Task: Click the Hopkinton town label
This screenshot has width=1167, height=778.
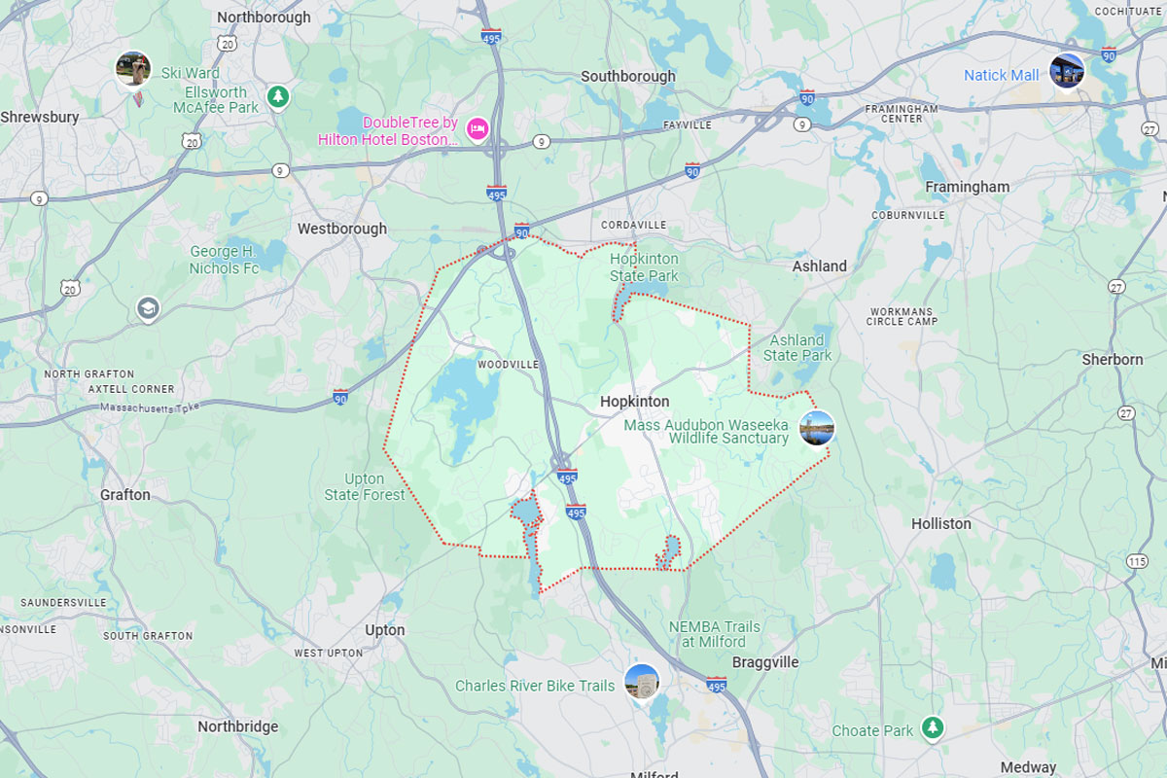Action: coord(634,402)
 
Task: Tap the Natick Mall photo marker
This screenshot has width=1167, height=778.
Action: coord(1066,71)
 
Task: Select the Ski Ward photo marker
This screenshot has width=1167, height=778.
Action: coord(133,69)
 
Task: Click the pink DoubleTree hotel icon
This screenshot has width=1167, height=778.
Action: coord(477,128)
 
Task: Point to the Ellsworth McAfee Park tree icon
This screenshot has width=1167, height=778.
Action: coord(279,96)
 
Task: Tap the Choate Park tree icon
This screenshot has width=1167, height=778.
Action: coord(933,727)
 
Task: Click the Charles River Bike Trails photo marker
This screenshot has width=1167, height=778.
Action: coord(642,681)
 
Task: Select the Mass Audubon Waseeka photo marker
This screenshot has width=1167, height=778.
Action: coord(817,428)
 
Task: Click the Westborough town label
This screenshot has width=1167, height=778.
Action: coord(341,230)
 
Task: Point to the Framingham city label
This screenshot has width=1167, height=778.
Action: coord(967,187)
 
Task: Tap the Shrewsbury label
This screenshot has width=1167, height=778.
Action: coord(40,117)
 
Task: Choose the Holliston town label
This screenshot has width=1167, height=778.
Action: coord(940,523)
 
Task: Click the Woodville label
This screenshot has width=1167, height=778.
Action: coord(508,365)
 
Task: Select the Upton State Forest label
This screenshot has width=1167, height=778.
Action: coord(365,486)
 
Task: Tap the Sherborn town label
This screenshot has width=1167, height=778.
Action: coord(1113,360)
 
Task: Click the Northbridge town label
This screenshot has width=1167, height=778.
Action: coord(237,726)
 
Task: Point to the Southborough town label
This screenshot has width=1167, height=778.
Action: coord(627,76)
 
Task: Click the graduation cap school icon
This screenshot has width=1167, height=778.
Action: coord(148,309)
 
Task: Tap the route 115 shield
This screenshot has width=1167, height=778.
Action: coord(1137,561)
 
